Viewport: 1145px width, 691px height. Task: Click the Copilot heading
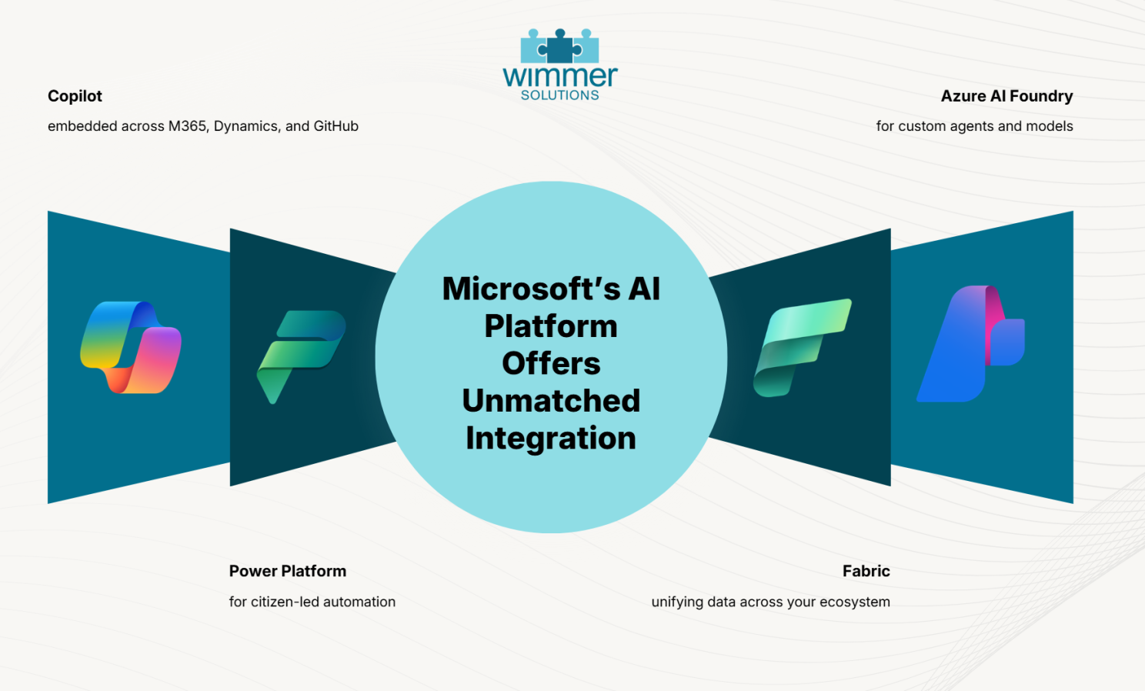tap(75, 96)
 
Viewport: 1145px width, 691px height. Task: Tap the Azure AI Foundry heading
tap(1007, 96)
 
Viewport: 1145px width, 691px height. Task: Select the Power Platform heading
tap(287, 571)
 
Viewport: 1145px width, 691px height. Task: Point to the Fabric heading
tap(866, 571)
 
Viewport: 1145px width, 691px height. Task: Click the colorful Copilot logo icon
tap(131, 348)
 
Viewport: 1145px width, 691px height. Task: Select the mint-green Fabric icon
tap(802, 348)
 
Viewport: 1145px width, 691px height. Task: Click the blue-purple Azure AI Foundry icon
tap(970, 343)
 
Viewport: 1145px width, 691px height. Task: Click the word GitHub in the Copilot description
tap(335, 125)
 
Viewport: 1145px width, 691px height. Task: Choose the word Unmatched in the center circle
tap(551, 400)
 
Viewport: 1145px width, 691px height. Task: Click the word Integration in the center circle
tap(551, 439)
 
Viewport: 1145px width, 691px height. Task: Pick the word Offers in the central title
tap(551, 363)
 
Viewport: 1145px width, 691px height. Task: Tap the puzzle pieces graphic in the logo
tap(559, 45)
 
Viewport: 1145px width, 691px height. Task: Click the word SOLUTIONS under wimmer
tap(559, 95)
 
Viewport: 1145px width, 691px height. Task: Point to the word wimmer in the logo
tap(560, 75)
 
